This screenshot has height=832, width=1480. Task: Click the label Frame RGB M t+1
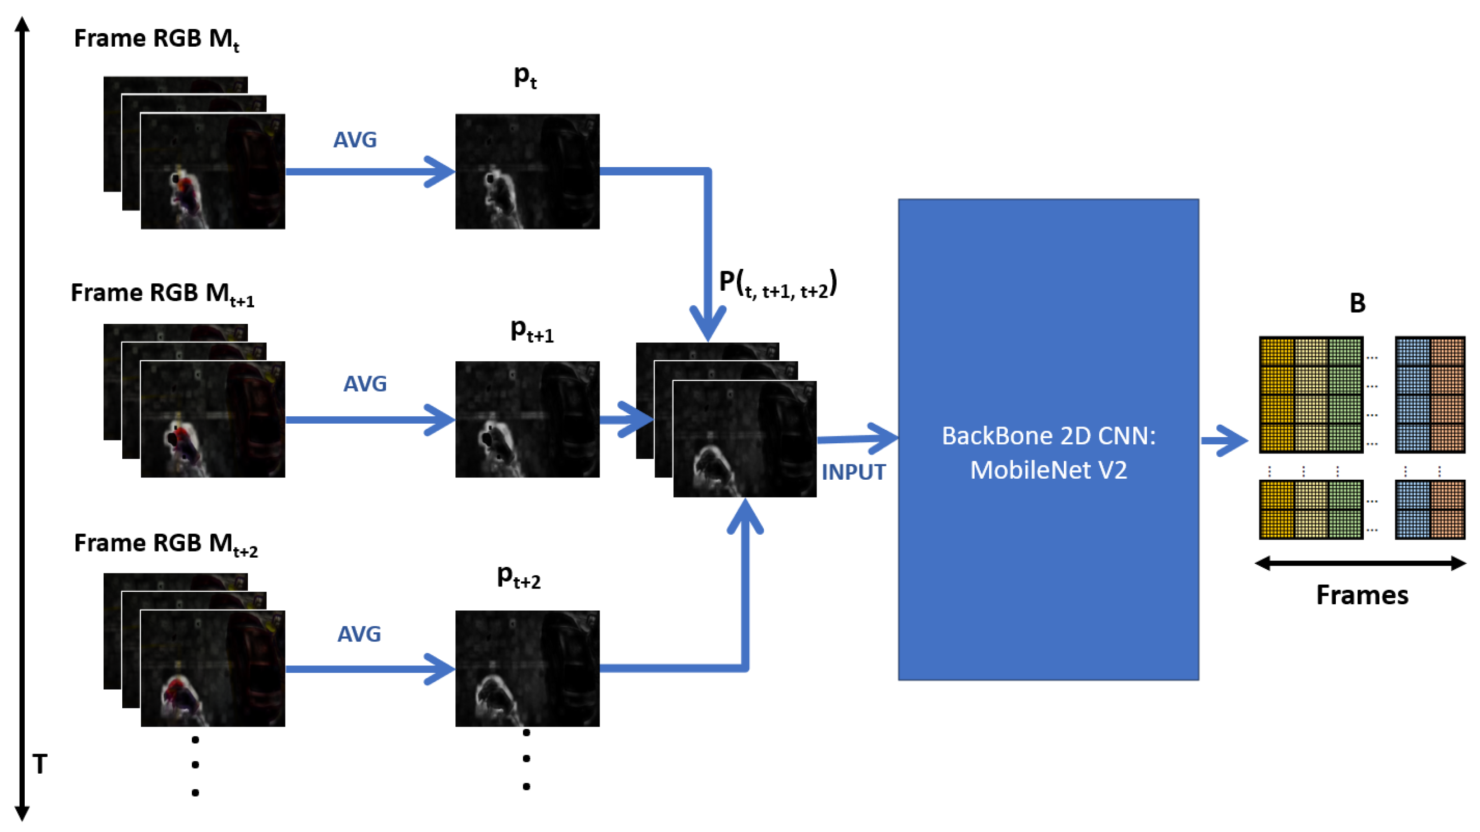pyautogui.click(x=162, y=294)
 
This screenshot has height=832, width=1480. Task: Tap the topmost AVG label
pyautogui.click(x=355, y=140)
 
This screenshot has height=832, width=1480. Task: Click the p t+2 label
pyautogui.click(x=518, y=576)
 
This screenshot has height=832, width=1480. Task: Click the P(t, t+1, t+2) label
pyautogui.click(x=778, y=284)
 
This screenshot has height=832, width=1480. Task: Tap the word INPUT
pyautogui.click(x=853, y=472)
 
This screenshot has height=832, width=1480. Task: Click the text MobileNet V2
pyautogui.click(x=1048, y=470)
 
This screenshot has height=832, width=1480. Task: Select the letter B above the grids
pyautogui.click(x=1357, y=303)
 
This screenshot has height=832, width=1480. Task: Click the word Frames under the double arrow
pyautogui.click(x=1361, y=594)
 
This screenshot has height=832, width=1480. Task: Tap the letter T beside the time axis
pyautogui.click(x=40, y=764)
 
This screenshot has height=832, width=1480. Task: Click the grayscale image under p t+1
pyautogui.click(x=527, y=419)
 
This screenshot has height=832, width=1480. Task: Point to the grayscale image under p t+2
pyautogui.click(x=527, y=668)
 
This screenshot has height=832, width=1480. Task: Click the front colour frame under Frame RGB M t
pyautogui.click(x=213, y=171)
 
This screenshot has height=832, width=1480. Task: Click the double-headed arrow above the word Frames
pyautogui.click(x=1361, y=563)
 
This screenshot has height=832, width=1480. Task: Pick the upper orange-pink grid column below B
pyautogui.click(x=1447, y=395)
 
